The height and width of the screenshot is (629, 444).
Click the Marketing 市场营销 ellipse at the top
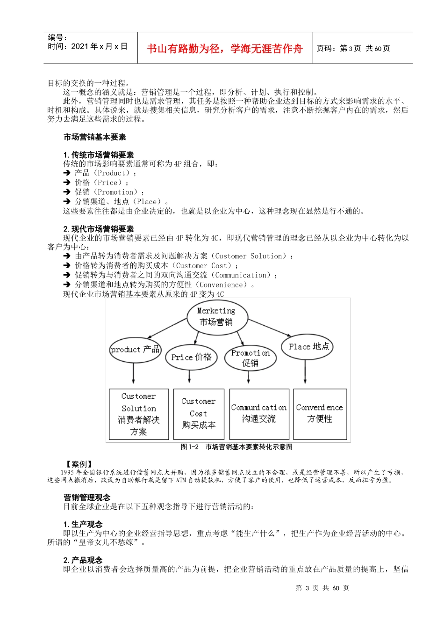(x=217, y=317)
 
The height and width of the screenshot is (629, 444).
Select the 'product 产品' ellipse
(x=135, y=350)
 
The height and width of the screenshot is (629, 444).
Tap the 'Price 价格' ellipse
(x=191, y=357)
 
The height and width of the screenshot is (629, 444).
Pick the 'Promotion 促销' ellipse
(x=251, y=358)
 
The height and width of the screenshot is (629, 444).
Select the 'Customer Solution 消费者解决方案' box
(x=139, y=414)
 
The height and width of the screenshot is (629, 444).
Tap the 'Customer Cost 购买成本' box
(x=199, y=414)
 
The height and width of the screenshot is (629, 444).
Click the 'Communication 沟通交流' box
(x=259, y=414)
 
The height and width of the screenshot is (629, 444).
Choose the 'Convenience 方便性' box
(x=320, y=414)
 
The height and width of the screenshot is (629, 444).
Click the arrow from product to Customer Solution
(x=134, y=373)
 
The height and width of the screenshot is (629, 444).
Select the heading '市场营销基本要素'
(x=95, y=137)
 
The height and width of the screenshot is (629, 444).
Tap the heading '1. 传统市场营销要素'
(x=99, y=155)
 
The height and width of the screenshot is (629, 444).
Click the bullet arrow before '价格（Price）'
(x=67, y=183)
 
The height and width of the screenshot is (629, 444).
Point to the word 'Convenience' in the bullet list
(x=222, y=285)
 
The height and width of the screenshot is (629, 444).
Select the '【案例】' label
(x=79, y=464)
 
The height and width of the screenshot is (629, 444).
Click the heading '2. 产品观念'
(x=83, y=560)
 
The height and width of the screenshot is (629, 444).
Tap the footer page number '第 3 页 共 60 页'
(x=322, y=588)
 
